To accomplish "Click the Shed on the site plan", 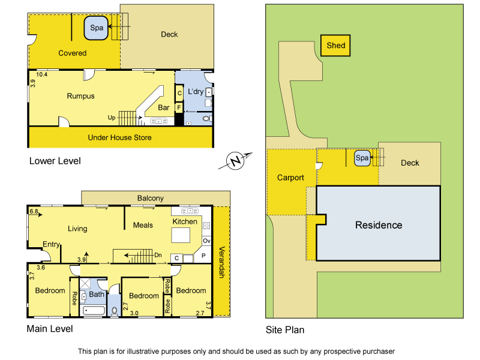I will coord(336,46).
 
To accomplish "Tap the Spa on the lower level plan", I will coord(96,28).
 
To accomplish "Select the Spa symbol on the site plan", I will coord(361,158).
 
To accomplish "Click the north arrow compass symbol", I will coord(235,161).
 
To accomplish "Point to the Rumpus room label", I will coord(80,96).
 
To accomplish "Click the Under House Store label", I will coord(120,137).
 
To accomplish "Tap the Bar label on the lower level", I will coord(163,108).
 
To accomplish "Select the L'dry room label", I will coord(196,92).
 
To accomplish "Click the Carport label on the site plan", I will coord(291,178).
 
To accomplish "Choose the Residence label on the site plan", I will coord(379,225).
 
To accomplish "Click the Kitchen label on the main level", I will coord(185,221).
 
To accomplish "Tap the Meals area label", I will coord(143,226).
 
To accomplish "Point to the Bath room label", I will coord(97,295).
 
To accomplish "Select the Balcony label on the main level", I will coord(150,198).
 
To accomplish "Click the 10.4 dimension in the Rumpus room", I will coord(41,74).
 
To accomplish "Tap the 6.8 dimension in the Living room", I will coord(34,212).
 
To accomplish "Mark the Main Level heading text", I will coord(50,329).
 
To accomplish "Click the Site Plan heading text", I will coord(285,329).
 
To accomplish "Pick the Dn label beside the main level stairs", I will coord(158,256).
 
